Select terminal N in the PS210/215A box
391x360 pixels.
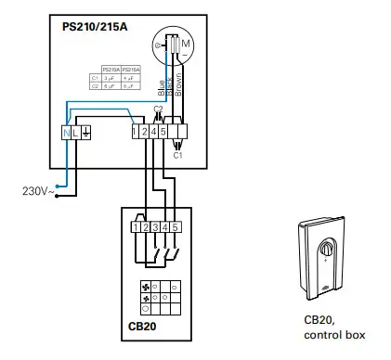pyautogui.click(x=65, y=134)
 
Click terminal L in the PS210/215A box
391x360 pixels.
pyautogui.click(x=75, y=134)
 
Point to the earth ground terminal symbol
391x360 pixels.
pyautogui.click(x=85, y=134)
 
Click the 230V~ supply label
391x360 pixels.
pyautogui.click(x=38, y=191)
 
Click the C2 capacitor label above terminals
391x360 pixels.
pyautogui.click(x=157, y=110)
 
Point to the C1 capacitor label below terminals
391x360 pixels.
pyautogui.click(x=177, y=156)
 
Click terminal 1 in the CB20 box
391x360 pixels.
pyautogui.click(x=137, y=226)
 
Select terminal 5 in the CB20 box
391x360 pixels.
pyautogui.click(x=175, y=226)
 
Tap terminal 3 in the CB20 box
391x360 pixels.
pyautogui.click(x=155, y=226)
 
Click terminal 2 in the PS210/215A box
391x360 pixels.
pyautogui.click(x=144, y=134)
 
